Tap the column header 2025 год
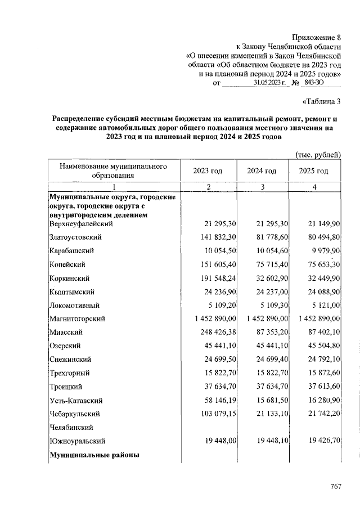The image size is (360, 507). point(313,171)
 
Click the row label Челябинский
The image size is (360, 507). point(71,427)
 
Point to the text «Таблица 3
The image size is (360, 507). point(322,102)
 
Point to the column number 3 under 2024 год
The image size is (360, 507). point(262,187)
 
